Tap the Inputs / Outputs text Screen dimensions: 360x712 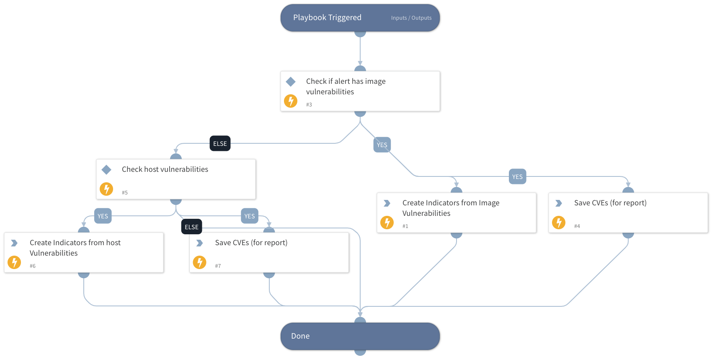pos(411,18)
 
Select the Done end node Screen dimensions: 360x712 pos(360,336)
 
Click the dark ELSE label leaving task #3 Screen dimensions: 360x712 pos(220,143)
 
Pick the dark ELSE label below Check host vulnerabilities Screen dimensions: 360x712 pos(191,227)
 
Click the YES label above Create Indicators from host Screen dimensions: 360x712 pos(103,216)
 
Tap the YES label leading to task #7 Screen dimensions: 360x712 pos(250,216)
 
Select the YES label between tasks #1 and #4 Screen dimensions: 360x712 pos(517,177)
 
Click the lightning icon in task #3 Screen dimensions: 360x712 pos(291,101)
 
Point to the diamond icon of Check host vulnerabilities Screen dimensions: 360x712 pos(106,169)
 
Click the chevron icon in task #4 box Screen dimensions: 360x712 pos(559,203)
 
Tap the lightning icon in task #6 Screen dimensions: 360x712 pos(14,262)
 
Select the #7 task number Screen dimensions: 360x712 pos(218,266)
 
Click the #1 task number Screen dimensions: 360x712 pos(405,226)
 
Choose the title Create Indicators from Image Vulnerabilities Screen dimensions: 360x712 pos(451,208)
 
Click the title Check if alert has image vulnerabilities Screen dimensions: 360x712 pos(346,86)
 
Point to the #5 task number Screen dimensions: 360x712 pos(124,193)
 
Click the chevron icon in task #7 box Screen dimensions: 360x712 pos(199,243)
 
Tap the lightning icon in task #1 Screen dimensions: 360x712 pos(387,223)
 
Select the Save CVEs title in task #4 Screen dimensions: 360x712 pos(610,203)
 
